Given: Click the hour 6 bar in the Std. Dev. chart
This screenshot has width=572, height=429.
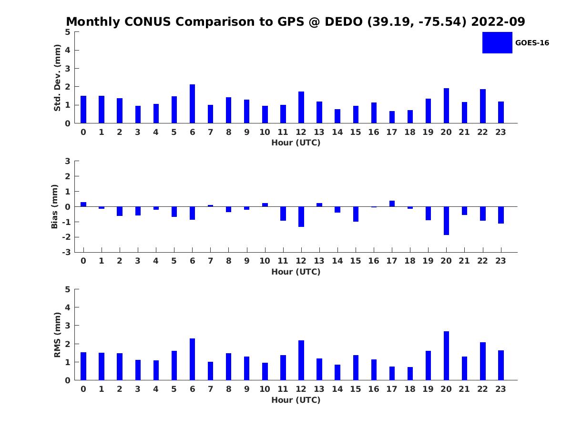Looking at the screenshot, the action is pyautogui.click(x=192, y=103).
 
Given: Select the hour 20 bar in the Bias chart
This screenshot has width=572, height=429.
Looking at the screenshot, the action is pyautogui.click(x=446, y=221).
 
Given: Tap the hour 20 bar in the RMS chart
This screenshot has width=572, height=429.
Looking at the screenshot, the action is pyautogui.click(x=446, y=356).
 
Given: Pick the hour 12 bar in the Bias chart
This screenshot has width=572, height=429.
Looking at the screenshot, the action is pyautogui.click(x=301, y=217).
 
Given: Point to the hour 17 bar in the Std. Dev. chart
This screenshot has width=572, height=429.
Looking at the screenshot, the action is pyautogui.click(x=392, y=117).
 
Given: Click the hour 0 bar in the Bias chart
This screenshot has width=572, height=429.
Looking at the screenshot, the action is pyautogui.click(x=83, y=204).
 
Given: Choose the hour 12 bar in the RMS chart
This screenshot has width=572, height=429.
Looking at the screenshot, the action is pyautogui.click(x=301, y=360).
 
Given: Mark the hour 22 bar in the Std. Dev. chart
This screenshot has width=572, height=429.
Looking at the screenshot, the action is pyautogui.click(x=482, y=106).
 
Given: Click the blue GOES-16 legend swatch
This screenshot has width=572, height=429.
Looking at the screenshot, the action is pyautogui.click(x=497, y=43).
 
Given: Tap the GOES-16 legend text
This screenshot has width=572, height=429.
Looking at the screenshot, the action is pyautogui.click(x=532, y=43).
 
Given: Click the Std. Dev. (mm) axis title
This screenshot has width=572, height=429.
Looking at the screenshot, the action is pyautogui.click(x=57, y=78).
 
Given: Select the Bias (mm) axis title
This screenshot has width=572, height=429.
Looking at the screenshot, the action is pyautogui.click(x=54, y=206).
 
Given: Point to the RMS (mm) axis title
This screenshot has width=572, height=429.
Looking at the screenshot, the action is pyautogui.click(x=57, y=335).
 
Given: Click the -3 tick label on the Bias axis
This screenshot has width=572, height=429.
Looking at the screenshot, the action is pyautogui.click(x=66, y=252).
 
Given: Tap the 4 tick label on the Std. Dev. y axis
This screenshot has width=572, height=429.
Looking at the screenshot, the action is pyautogui.click(x=68, y=50).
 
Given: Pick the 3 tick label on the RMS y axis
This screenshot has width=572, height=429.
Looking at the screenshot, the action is pyautogui.click(x=68, y=326).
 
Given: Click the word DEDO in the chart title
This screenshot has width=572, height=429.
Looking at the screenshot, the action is pyautogui.click(x=344, y=21).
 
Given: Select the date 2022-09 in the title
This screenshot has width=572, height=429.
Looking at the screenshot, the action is pyautogui.click(x=498, y=21).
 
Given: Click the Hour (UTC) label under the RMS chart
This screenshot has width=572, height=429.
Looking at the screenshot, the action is pyautogui.click(x=296, y=400).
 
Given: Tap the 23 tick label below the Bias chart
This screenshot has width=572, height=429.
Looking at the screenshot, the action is pyautogui.click(x=500, y=261).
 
